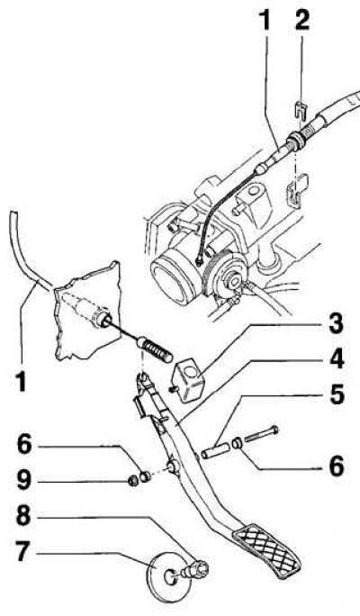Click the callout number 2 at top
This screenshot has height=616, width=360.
(302, 20)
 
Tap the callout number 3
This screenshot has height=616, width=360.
(336, 324)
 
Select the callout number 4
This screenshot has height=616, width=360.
(336, 359)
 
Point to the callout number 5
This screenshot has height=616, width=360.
(337, 394)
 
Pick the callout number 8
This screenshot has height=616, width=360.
(23, 516)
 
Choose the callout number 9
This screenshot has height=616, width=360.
(23, 480)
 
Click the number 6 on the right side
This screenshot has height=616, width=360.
(336, 466)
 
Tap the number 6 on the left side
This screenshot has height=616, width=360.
(24, 444)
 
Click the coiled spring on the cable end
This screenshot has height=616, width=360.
(157, 351)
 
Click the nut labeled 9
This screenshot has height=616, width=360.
(133, 481)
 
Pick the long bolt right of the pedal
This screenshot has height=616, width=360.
(262, 433)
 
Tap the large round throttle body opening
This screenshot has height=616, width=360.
(172, 279)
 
